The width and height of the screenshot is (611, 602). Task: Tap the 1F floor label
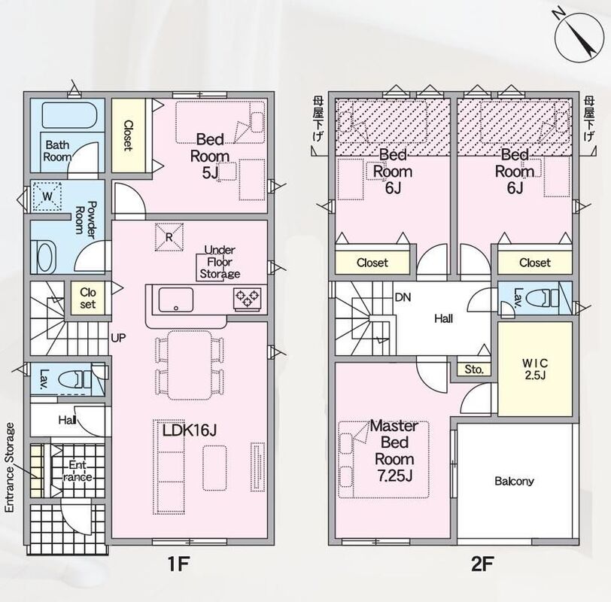[178, 564]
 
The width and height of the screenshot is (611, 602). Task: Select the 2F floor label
[482, 564]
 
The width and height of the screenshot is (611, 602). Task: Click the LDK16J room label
[190, 430]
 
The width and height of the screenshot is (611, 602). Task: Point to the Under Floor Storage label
[220, 262]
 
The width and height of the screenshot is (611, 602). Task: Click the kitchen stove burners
[248, 299]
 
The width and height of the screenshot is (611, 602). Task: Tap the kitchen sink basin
[176, 299]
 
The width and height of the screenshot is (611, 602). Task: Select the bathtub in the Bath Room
[68, 115]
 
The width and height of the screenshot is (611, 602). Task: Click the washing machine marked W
[47, 196]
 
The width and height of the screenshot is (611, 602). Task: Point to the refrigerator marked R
[169, 237]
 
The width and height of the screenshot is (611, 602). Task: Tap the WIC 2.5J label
[536, 369]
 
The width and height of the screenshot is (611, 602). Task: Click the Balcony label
[514, 481]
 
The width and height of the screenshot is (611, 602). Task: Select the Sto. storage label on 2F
[474, 369]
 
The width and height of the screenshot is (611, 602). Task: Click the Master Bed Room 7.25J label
[394, 451]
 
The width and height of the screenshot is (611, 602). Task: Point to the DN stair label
[403, 298]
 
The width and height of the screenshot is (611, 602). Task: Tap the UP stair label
[118, 338]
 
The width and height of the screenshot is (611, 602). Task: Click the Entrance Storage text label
[10, 467]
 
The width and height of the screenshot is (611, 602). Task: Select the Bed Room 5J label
[210, 157]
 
